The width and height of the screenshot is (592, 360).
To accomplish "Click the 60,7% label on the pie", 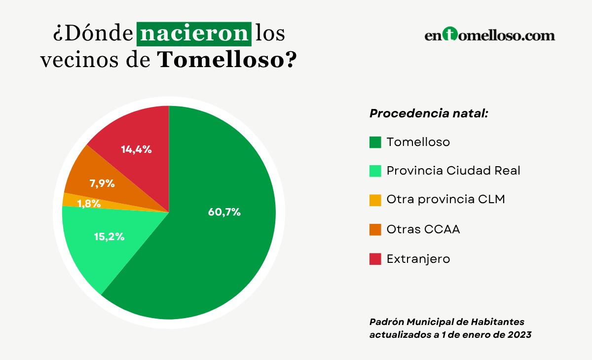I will pos(224,213).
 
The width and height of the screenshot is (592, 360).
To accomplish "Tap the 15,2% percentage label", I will pos(109,236).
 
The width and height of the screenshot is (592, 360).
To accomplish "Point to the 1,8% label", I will pos(89,203).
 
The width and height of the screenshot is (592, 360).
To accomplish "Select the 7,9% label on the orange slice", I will pos(102,183).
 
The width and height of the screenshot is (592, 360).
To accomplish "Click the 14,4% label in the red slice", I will pos(136,149).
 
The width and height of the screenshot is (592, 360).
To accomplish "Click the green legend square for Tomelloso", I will pos(375,142).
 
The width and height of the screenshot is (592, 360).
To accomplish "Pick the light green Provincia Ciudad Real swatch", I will pos(375,171).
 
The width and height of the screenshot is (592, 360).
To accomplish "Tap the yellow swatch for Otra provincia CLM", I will pos(375,200).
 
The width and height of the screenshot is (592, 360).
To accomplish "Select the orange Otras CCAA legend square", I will pos(375,230).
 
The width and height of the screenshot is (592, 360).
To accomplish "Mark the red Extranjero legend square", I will pos(375,259).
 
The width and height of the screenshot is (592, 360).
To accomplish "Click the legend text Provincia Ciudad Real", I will pos(453,171).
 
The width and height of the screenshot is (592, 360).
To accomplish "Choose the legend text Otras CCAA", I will pos(423,229).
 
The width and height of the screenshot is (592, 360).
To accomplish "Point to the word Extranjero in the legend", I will pos(418,259).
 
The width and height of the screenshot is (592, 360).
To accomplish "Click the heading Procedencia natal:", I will pos(429,113).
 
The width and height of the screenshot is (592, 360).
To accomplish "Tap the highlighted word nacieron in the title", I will pos(193,34).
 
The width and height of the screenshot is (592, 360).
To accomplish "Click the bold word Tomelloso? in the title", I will pos(227,60).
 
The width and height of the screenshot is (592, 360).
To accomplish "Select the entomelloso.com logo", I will pos(489,36).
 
